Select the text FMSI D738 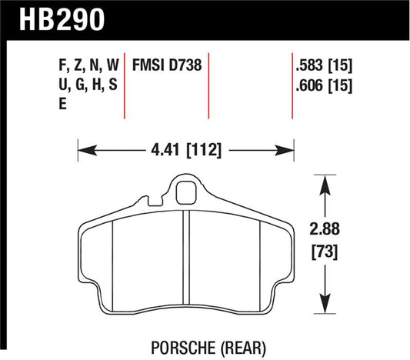click(168, 66)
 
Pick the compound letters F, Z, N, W click(89, 66)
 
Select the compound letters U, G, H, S click(89, 86)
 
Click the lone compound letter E click(63, 106)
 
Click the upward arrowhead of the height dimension click(328, 182)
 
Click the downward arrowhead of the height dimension click(328, 303)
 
